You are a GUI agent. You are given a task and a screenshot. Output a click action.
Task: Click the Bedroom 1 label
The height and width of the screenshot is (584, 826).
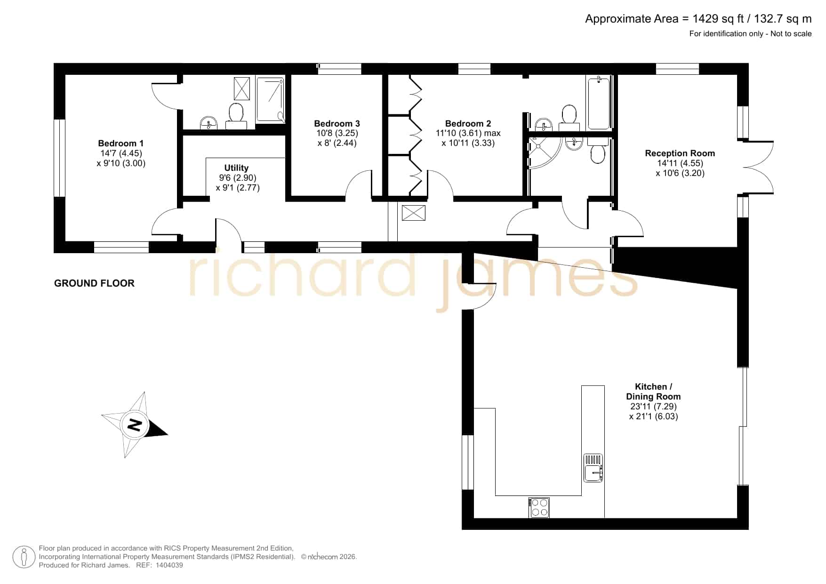tap(121, 144)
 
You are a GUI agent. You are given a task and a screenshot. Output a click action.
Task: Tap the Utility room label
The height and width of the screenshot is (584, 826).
tap(236, 168)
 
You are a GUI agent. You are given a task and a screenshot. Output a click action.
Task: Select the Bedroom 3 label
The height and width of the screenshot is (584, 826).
tap(337, 124)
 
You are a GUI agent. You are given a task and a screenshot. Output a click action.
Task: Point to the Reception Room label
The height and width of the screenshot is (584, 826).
tap(680, 153)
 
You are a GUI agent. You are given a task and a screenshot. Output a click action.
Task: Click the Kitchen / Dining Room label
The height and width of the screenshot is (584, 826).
tap(653, 392)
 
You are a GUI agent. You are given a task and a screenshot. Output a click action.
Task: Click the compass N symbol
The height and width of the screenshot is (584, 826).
tap(135, 425)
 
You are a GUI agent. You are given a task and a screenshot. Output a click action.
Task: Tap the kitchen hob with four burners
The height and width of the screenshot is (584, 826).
tap(539, 507)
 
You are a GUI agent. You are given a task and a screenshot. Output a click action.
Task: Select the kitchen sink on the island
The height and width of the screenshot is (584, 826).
tap(593, 468)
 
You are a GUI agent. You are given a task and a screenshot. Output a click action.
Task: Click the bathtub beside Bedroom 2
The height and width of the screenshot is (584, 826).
tap(599, 103)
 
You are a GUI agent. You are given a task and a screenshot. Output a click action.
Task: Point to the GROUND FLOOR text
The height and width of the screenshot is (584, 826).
tap(94, 283)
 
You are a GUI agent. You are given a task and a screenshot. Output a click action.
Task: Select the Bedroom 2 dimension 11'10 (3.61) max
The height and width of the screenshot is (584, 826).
tap(468, 133)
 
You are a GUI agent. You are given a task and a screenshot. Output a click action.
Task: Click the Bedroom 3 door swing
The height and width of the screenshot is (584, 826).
tap(359, 184)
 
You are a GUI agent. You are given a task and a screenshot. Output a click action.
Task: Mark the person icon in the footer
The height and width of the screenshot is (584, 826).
tap(24, 557)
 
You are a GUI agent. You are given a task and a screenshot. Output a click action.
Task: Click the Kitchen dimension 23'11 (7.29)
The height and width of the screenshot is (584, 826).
tap(653, 406)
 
